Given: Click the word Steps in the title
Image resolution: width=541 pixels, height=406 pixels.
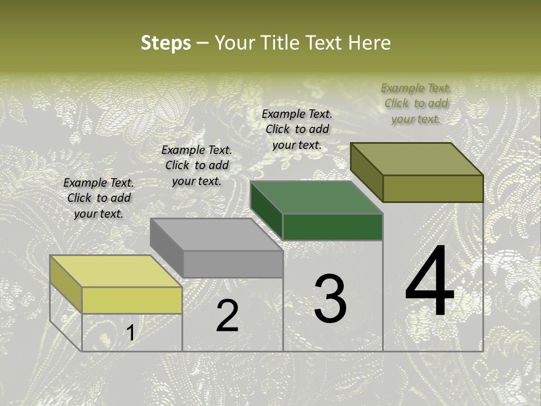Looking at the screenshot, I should (x=165, y=43).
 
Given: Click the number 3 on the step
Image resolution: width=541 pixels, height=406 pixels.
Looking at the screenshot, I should (x=330, y=299).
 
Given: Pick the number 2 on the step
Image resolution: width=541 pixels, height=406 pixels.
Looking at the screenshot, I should (x=227, y=316).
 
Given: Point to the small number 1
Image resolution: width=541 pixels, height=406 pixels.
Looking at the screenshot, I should (x=131, y=333).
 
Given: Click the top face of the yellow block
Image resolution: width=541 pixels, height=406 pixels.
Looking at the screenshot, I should (x=116, y=271).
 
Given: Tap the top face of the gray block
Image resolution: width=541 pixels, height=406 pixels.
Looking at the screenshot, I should (x=216, y=235).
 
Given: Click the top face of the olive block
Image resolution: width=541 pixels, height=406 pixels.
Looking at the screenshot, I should (x=417, y=159).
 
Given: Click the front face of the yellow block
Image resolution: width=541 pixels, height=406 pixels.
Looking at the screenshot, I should (x=132, y=300).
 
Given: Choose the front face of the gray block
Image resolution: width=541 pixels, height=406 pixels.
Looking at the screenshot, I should (x=233, y=264).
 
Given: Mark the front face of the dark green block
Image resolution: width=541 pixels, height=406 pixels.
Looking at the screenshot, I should (x=332, y=227).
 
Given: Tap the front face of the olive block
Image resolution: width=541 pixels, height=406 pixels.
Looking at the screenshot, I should (x=433, y=188).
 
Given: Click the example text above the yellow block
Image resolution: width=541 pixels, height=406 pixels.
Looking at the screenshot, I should (x=99, y=198).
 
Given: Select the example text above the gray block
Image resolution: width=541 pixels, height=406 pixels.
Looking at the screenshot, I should (x=197, y=165).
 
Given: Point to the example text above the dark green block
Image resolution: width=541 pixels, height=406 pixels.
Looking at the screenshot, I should (x=297, y=129).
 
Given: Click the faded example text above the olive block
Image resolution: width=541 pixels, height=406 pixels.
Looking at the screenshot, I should (x=416, y=103).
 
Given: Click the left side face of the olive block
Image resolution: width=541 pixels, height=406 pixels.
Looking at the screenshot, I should (x=367, y=171).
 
